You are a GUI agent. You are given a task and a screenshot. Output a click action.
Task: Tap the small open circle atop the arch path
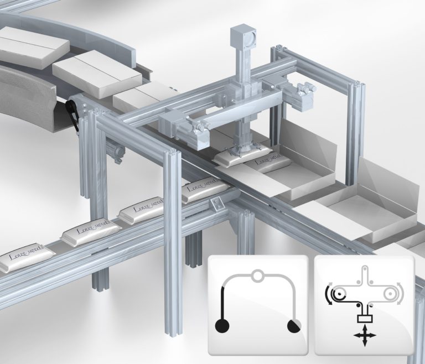coord(257,274)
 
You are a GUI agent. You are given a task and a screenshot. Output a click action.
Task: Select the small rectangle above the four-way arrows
coord(364,318)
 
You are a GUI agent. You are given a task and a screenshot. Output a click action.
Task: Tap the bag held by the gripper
coord(235,157)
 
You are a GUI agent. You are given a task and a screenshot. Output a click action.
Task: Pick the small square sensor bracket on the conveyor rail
coord(219,204)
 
